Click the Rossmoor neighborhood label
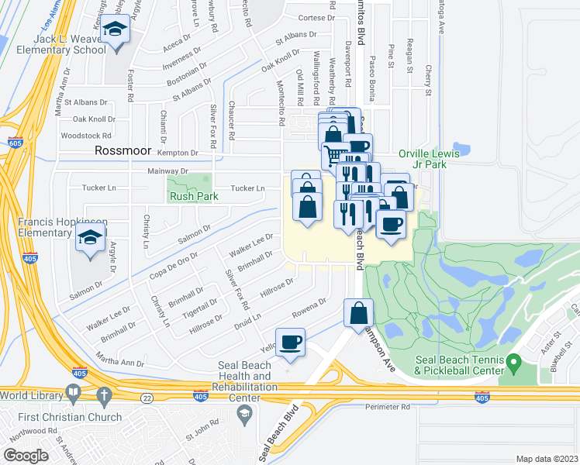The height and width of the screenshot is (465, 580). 122,151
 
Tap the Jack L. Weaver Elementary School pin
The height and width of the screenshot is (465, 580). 117,31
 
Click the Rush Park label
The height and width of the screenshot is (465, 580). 195,197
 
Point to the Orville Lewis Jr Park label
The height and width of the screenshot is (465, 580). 429,159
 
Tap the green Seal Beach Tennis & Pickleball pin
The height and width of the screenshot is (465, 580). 513,361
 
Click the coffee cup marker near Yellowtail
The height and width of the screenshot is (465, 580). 291,342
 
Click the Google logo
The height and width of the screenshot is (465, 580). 26,456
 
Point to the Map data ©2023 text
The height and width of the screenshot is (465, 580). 546,459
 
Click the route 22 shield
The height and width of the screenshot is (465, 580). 145,397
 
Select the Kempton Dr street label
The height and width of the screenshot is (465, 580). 173,153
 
